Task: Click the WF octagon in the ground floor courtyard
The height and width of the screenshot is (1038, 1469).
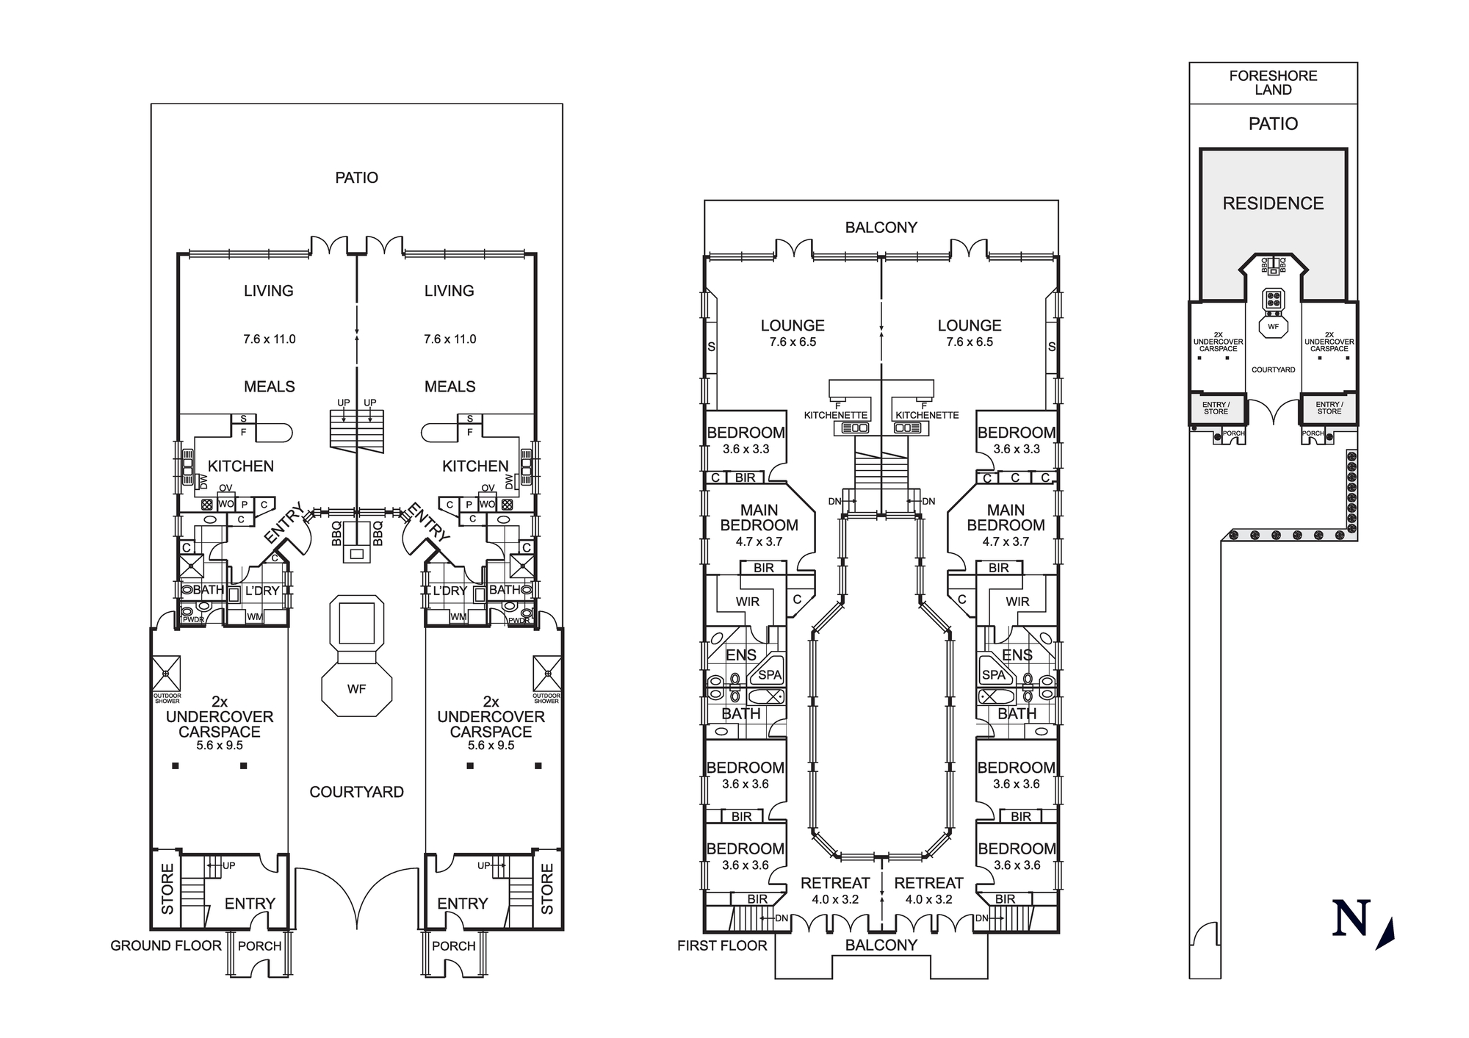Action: click(x=356, y=688)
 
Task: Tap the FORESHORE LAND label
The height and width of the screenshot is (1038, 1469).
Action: click(x=1273, y=82)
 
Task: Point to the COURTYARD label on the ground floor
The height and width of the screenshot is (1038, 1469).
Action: click(x=356, y=792)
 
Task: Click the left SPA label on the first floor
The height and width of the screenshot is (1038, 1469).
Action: click(x=769, y=675)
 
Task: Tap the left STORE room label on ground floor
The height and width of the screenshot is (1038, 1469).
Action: click(x=167, y=889)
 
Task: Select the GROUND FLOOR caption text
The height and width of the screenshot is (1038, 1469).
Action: click(x=166, y=945)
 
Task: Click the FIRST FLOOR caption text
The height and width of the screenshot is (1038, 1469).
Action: click(x=722, y=945)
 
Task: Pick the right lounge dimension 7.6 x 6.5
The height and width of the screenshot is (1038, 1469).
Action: click(x=970, y=342)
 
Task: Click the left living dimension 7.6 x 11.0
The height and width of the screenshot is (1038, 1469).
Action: click(x=269, y=339)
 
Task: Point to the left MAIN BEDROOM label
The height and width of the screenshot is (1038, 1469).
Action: click(x=759, y=517)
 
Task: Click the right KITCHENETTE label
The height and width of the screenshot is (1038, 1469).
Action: click(x=927, y=415)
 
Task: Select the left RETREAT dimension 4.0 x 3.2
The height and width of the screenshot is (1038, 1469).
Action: click(x=835, y=899)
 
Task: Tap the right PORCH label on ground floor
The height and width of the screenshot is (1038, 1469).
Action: click(x=453, y=946)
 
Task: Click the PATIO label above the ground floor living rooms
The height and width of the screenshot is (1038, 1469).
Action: click(x=356, y=178)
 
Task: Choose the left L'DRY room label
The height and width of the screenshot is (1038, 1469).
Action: click(x=262, y=591)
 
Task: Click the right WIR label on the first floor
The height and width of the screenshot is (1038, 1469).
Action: click(x=1017, y=602)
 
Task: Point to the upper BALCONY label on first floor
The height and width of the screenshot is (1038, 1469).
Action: click(x=881, y=228)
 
